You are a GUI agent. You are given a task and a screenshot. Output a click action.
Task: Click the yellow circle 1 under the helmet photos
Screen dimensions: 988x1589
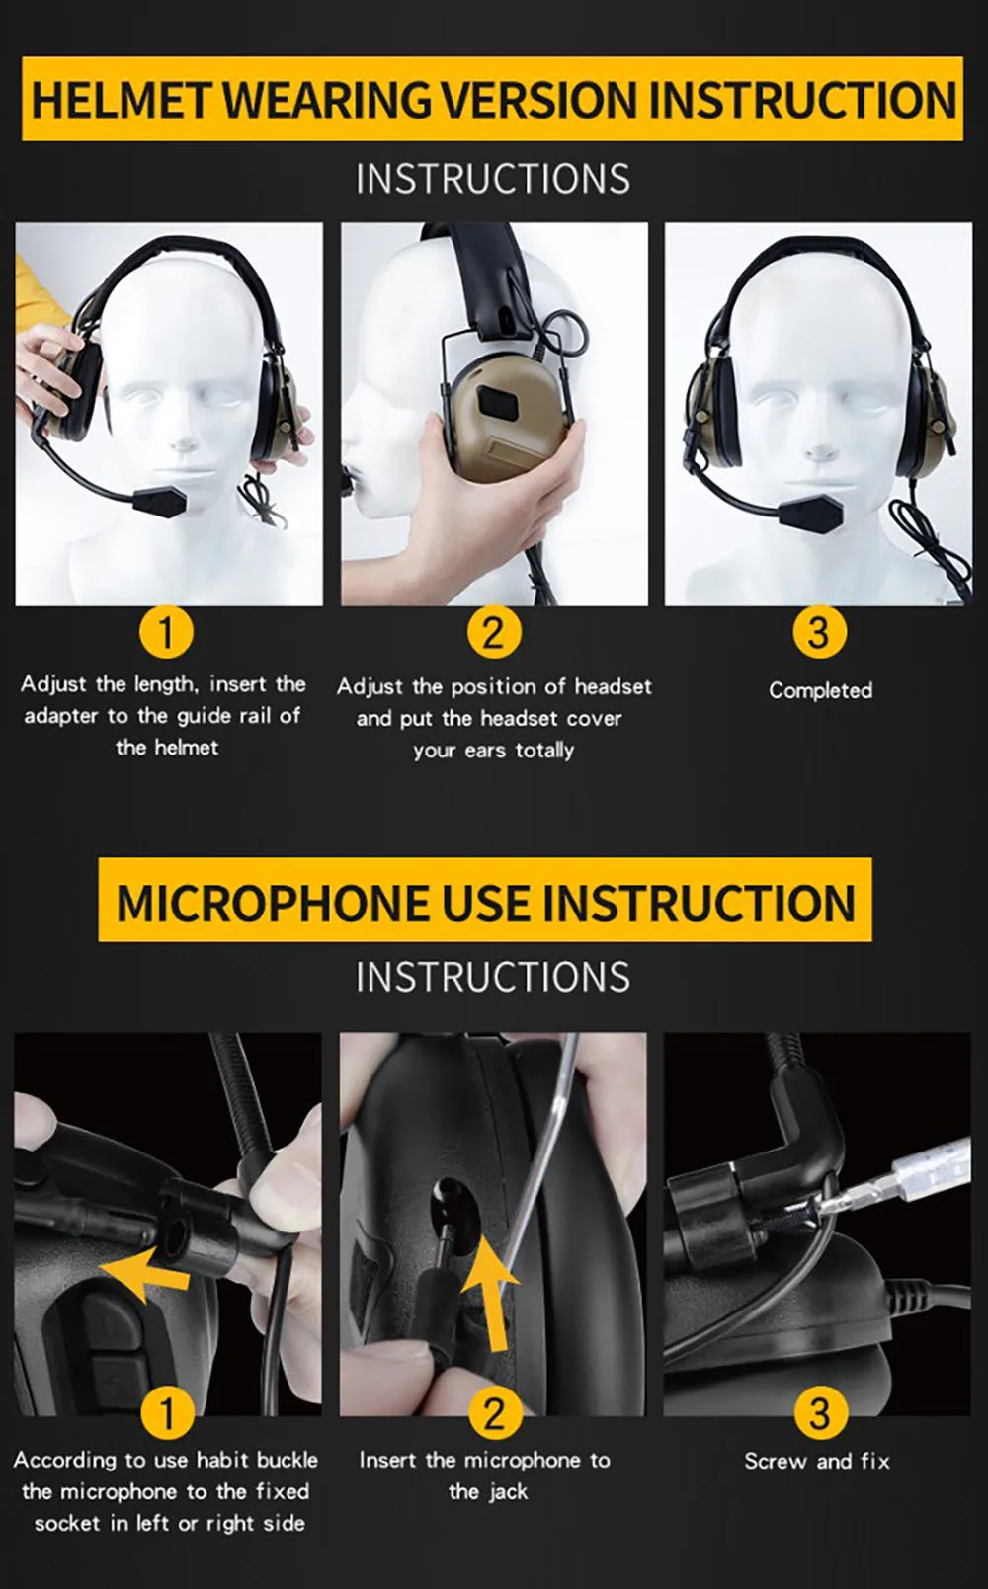pyautogui.click(x=167, y=631)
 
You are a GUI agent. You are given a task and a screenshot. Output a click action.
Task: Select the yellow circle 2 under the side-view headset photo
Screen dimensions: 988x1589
pyautogui.click(x=494, y=631)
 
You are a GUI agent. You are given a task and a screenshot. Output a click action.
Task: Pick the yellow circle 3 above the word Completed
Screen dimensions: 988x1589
pyautogui.click(x=819, y=631)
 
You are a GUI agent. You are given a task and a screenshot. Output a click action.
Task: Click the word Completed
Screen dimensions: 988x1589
pyautogui.click(x=820, y=691)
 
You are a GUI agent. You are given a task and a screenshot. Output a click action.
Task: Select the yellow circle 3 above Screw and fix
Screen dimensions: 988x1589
pyautogui.click(x=819, y=1412)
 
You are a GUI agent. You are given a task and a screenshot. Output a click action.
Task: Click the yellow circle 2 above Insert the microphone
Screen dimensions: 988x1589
pyautogui.click(x=494, y=1412)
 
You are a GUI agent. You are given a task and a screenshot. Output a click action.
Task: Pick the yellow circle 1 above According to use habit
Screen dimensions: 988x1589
pyautogui.click(x=167, y=1412)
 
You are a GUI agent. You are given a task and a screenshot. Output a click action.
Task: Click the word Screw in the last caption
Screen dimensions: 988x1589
pyautogui.click(x=775, y=1462)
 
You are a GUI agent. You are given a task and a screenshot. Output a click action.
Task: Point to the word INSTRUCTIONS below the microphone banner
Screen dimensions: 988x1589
pyautogui.click(x=493, y=977)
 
